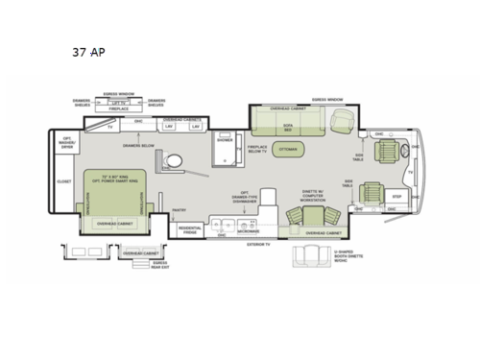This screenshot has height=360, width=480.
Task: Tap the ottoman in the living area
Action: [288, 151]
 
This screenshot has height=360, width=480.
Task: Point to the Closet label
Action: [64, 180]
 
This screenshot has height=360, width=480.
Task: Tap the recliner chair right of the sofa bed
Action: [341, 121]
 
